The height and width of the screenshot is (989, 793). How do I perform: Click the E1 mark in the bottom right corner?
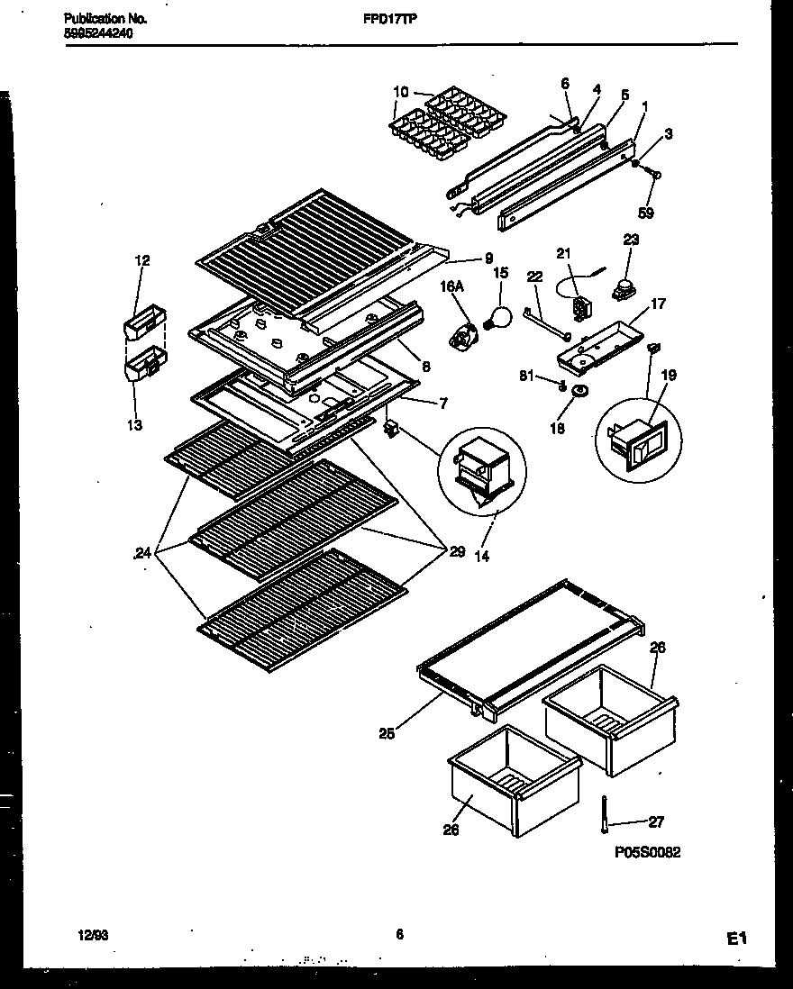(x=737, y=939)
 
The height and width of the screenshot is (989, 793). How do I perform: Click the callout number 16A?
(x=451, y=287)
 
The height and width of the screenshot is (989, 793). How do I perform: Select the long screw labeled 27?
(x=601, y=812)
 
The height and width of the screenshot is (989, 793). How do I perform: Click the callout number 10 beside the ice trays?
(x=401, y=91)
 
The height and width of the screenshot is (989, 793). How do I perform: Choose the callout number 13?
(x=134, y=425)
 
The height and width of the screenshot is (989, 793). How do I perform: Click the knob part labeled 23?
(x=620, y=289)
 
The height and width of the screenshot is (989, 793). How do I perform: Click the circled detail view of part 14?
(x=482, y=468)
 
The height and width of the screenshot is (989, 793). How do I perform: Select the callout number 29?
(x=457, y=551)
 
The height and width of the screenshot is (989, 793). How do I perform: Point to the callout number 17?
(x=658, y=304)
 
